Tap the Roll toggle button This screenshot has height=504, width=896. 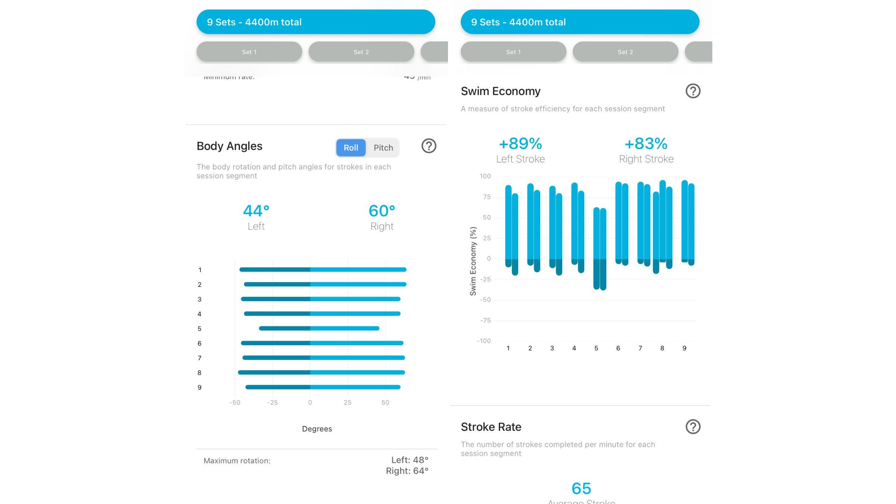[351, 148]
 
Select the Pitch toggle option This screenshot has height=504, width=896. [383, 148]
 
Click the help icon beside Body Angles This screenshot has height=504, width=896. [429, 146]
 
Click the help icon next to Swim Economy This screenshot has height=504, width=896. [693, 91]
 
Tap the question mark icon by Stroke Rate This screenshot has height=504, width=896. [693, 427]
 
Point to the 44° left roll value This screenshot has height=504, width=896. [256, 211]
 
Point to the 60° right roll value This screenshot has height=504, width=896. [382, 211]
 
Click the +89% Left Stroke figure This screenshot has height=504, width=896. [520, 144]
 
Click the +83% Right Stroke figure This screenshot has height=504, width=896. [646, 144]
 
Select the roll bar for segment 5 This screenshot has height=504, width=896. [319, 329]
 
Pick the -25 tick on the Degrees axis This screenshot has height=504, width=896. [272, 402]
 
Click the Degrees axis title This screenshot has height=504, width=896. [317, 429]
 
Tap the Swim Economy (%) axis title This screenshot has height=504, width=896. [473, 261]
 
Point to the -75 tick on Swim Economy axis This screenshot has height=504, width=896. [485, 320]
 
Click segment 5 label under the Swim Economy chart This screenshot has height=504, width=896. [596, 348]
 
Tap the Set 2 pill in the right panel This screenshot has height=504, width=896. [625, 52]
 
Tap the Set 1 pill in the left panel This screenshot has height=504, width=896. [249, 52]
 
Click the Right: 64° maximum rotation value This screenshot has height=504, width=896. [407, 471]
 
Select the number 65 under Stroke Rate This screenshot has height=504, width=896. [581, 488]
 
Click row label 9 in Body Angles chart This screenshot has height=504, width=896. [199, 388]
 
